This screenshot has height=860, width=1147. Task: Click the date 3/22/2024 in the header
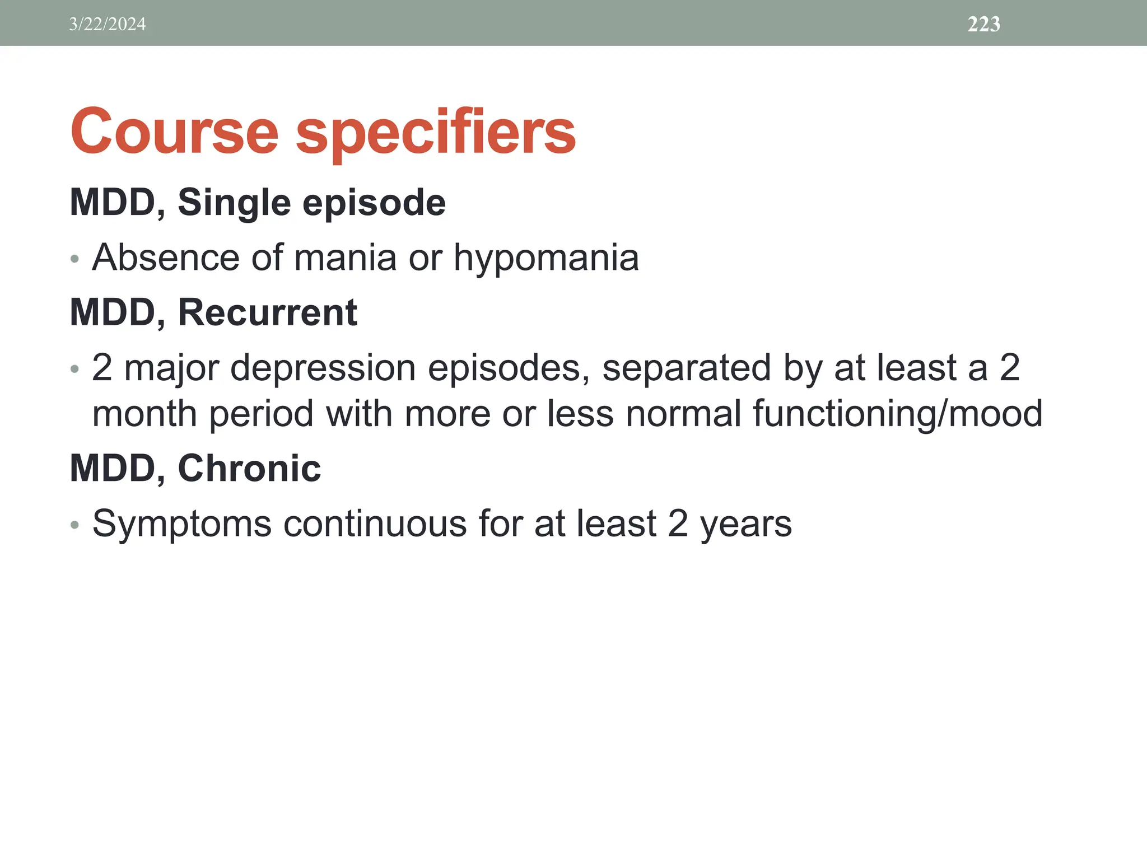pos(108,24)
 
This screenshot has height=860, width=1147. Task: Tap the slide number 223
pos(983,24)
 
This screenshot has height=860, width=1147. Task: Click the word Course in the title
pos(174,132)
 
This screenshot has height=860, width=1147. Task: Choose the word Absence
pos(165,258)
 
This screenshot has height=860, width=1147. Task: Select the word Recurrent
pos(267,312)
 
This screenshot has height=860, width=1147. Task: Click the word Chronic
pos(249,468)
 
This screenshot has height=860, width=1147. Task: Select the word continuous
pos(375,524)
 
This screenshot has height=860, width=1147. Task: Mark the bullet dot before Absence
pos(75,259)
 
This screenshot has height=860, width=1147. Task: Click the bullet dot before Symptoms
pos(75,525)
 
